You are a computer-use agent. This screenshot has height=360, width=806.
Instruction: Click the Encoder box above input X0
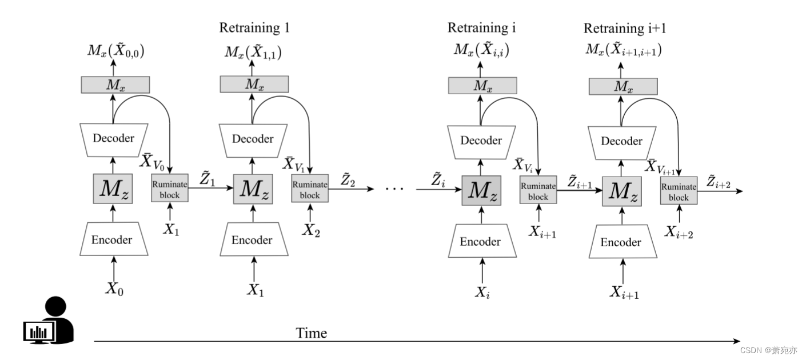tap(113, 239)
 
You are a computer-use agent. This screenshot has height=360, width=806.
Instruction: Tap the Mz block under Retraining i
tap(481, 191)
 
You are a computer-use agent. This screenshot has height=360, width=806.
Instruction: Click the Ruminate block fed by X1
tap(169, 190)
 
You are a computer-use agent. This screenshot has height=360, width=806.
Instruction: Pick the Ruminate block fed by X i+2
tap(679, 192)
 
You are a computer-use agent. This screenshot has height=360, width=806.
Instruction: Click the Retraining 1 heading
tap(254, 27)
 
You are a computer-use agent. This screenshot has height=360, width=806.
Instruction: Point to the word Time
tap(312, 333)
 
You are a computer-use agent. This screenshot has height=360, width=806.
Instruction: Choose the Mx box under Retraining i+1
tap(622, 86)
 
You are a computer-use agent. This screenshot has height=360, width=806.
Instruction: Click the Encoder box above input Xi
tap(480, 242)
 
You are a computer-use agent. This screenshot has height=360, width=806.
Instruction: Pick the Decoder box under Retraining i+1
tap(622, 141)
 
